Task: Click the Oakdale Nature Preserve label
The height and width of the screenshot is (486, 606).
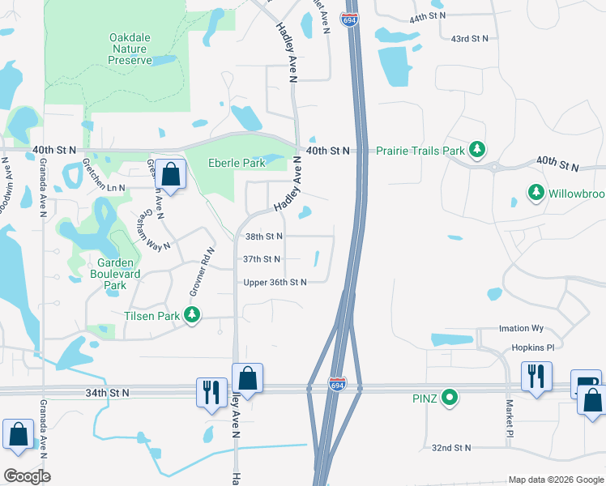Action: [130, 49]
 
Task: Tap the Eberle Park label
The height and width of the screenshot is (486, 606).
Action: [237, 163]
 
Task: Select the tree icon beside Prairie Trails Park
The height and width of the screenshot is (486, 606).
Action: [478, 150]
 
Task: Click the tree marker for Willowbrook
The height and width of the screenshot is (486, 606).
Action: [535, 193]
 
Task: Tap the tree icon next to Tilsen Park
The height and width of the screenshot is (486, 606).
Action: [192, 314]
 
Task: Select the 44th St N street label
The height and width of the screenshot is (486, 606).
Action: [429, 17]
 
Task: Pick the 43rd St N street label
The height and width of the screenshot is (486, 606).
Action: [470, 39]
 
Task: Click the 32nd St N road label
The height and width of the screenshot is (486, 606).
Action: [451, 447]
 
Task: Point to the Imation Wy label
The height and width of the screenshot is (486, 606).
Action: [521, 329]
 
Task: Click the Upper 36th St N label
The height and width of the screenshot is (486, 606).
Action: [275, 282]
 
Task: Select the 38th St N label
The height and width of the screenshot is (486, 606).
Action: [263, 237]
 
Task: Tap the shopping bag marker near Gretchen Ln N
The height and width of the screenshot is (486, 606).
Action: [171, 174]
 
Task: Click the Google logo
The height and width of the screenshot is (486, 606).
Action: [26, 475]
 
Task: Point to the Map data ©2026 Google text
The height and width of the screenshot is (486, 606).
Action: [555, 480]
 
